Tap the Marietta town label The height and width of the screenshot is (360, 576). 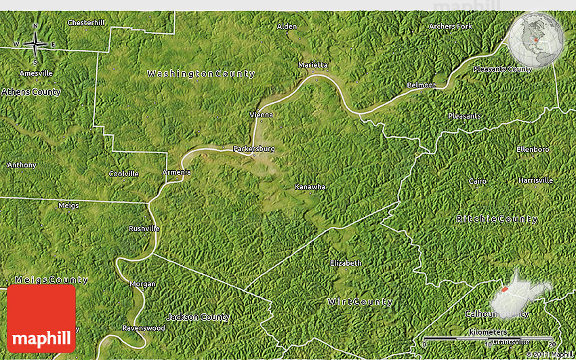(313, 65)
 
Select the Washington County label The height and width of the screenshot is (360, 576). (201, 73)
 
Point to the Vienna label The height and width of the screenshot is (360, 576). (261, 115)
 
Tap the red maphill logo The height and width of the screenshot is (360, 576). (41, 318)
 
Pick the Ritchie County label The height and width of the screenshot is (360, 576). (497, 219)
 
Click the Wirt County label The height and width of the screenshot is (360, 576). (360, 302)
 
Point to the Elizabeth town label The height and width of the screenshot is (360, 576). (346, 263)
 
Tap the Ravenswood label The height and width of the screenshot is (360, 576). (144, 328)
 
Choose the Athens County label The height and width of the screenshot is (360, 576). (31, 92)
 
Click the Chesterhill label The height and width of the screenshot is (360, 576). (86, 22)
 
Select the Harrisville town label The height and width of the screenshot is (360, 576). (535, 180)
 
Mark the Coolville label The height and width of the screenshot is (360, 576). (124, 174)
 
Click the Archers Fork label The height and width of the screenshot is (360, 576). (450, 26)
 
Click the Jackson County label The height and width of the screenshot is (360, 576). (198, 317)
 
